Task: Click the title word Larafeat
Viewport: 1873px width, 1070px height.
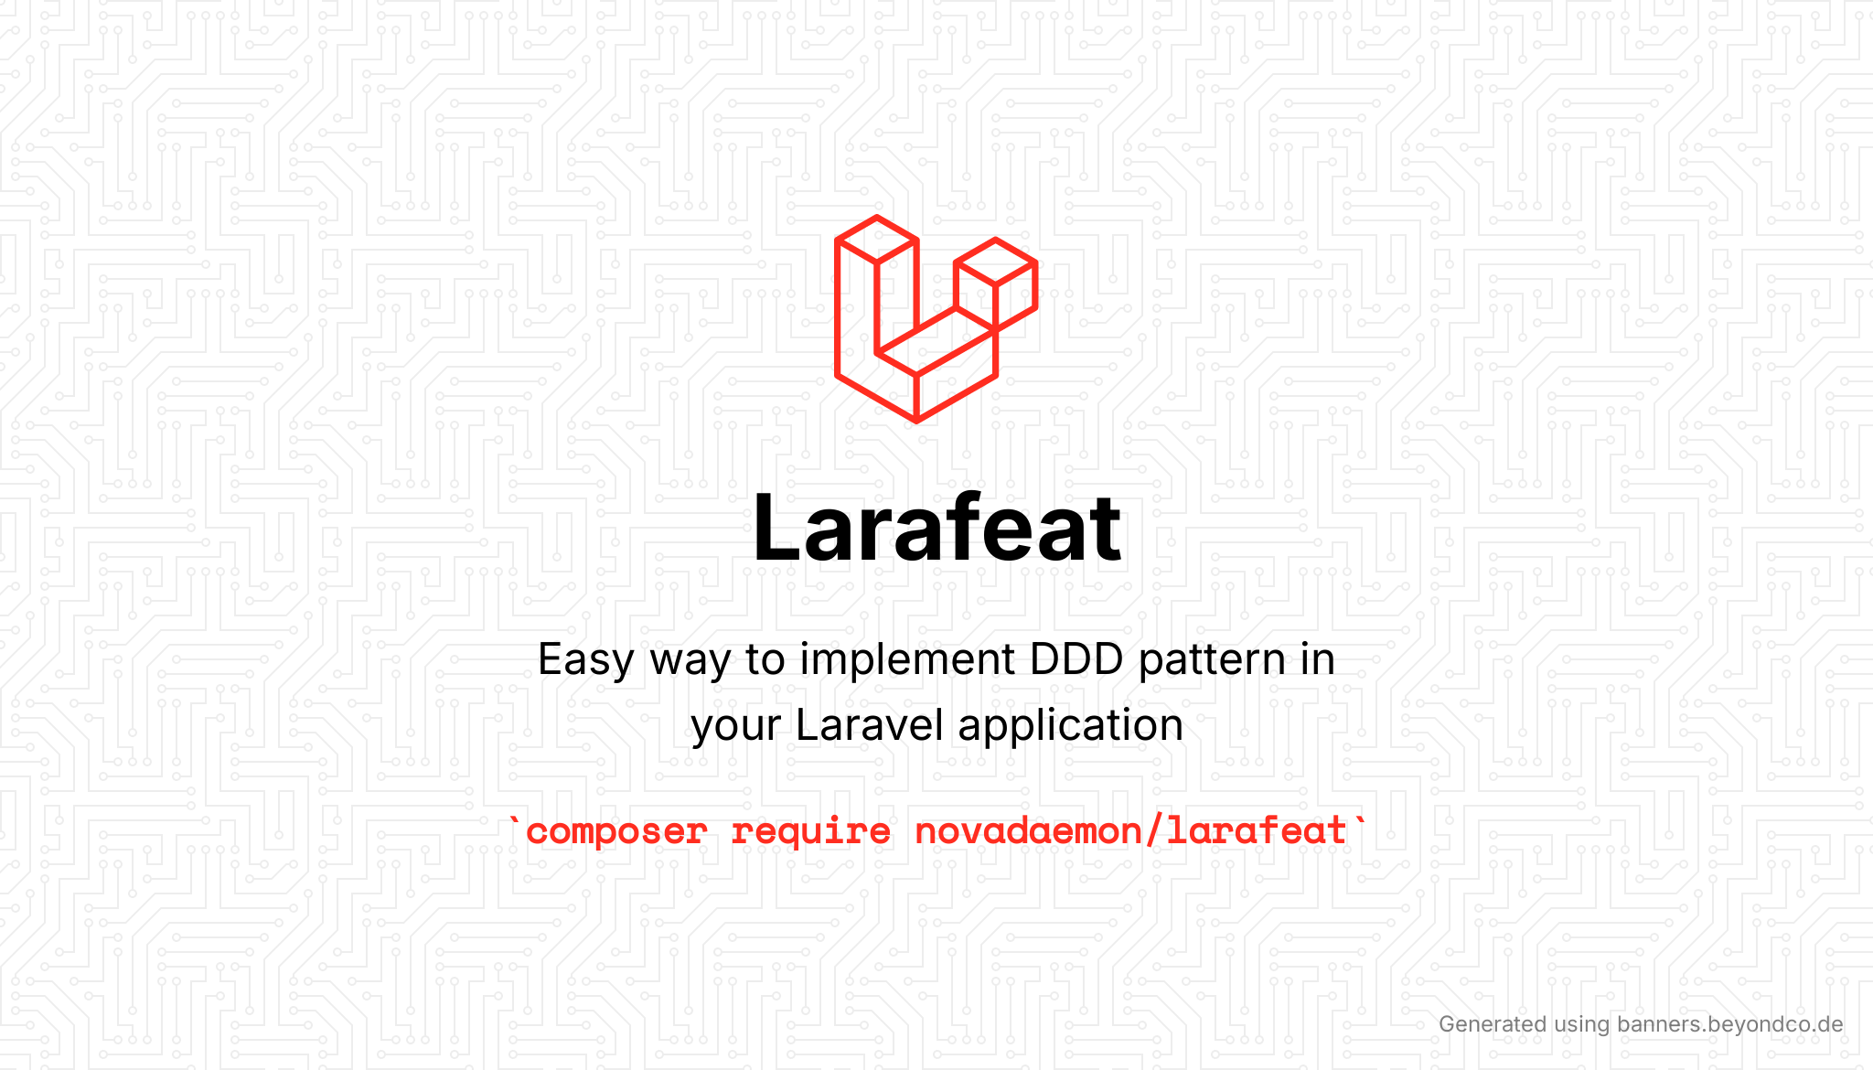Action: coord(936,529)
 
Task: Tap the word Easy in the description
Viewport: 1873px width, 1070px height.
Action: coord(585,660)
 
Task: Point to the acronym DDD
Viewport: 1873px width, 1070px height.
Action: coord(1076,659)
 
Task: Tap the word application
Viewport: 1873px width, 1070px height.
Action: coord(1071,726)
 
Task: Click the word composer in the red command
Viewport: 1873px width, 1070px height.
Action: coord(617,832)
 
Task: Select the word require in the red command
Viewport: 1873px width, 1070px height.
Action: coord(811,832)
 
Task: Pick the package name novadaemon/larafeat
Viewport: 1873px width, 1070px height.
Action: coord(1130,830)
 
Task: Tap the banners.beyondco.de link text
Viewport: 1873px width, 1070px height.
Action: coord(1730,1024)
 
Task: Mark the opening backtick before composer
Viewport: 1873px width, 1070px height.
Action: coord(515,820)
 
